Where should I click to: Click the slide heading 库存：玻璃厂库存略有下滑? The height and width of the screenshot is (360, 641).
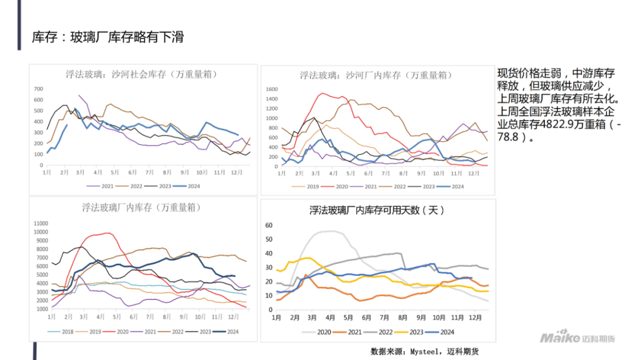tap(107, 37)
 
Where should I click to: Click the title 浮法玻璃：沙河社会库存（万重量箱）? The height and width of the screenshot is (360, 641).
tap(141, 75)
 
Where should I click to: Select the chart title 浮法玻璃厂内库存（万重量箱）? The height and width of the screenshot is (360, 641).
tap(141, 208)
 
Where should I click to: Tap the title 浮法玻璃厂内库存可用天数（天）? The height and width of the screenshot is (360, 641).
tap(377, 210)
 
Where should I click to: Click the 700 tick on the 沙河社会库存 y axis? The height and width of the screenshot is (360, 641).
tap(39, 89)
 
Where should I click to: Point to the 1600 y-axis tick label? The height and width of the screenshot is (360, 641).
tap(271, 90)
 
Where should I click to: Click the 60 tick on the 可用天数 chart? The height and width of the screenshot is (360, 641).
tap(268, 225)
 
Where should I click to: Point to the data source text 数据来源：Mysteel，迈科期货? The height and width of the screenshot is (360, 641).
tap(424, 351)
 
